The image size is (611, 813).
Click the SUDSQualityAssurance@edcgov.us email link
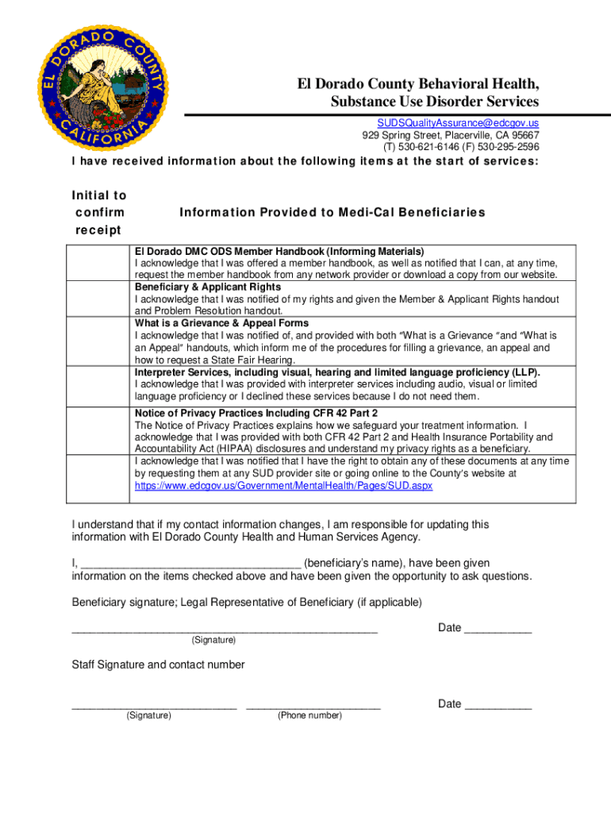point(457,123)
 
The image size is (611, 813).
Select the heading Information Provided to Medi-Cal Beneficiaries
point(332,213)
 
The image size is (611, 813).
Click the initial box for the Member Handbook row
point(98,263)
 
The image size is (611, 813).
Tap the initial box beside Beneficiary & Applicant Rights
point(98,299)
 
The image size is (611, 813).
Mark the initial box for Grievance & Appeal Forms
point(98,342)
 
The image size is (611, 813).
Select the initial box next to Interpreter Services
point(98,385)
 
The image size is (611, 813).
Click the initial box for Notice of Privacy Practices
point(98,455)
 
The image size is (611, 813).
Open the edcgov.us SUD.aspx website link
point(283,485)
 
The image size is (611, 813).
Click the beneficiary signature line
point(225,630)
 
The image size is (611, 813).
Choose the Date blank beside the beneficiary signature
point(498,630)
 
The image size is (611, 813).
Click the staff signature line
point(154,706)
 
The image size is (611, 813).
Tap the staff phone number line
point(313,706)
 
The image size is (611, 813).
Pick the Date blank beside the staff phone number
point(498,706)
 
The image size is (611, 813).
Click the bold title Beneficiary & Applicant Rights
point(208,287)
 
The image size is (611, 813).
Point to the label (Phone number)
point(309,716)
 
